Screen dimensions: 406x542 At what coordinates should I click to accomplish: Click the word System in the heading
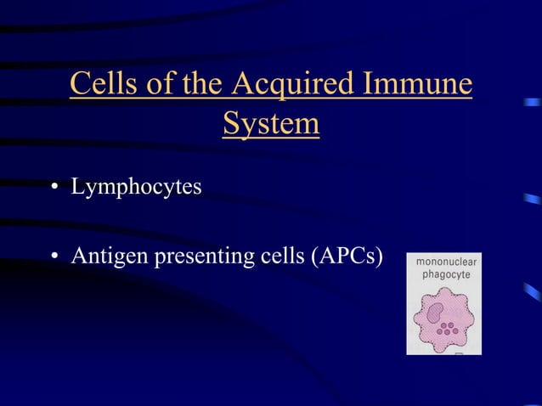pos(271,125)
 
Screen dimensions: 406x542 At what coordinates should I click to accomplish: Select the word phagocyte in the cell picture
pos(446,277)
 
